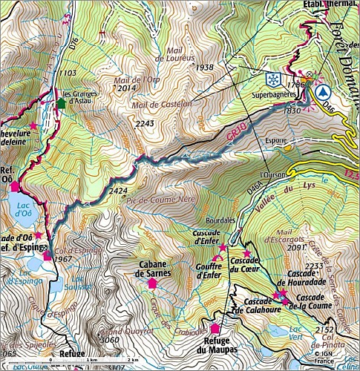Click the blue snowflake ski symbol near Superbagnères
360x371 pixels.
click(x=273, y=79)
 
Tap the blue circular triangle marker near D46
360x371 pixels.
click(x=322, y=93)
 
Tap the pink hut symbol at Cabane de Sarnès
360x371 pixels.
click(x=153, y=283)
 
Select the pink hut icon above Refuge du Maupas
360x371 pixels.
click(x=215, y=328)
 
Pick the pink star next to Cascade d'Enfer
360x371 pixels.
click(x=223, y=246)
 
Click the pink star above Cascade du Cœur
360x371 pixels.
click(x=246, y=253)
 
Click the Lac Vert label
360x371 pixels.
click(x=296, y=332)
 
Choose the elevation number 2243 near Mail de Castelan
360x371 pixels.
click(x=145, y=123)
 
